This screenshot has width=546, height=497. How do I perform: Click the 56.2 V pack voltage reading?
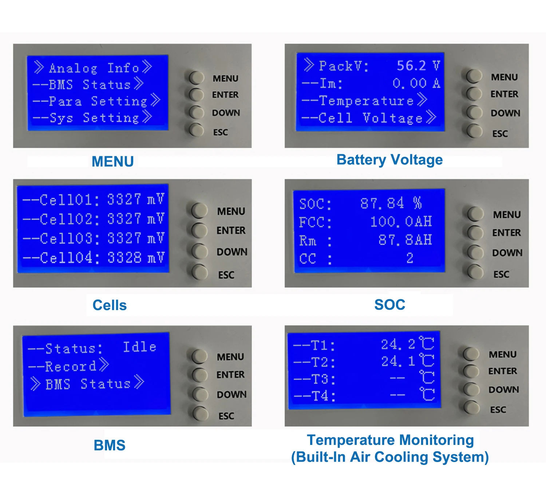[418, 66]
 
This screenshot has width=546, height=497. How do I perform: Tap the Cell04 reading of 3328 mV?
[136, 258]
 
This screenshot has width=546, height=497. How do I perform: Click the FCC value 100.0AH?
[401, 222]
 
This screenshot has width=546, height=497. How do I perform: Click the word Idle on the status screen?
[139, 347]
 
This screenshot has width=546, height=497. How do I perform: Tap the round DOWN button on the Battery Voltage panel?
[474, 112]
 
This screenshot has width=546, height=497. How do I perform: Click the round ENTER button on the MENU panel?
[197, 94]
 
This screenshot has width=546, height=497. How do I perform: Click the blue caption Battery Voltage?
[389, 160]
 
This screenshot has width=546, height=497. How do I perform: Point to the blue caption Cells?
[110, 305]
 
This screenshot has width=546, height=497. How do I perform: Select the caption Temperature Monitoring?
[390, 440]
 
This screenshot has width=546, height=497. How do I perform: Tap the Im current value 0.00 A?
[416, 83]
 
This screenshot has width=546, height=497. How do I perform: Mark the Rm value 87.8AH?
[405, 240]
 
